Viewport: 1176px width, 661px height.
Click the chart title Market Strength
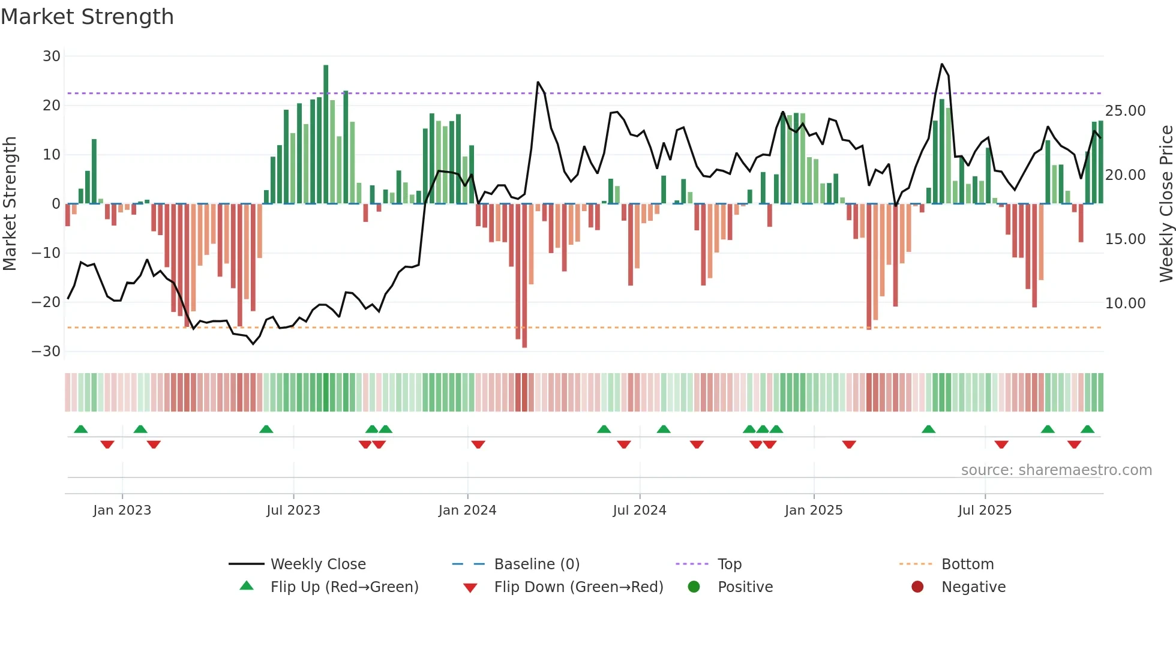(87, 17)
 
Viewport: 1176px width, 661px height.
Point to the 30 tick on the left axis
(52, 56)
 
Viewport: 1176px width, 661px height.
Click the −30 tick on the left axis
(46, 351)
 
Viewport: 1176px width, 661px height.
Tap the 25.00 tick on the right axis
(1125, 111)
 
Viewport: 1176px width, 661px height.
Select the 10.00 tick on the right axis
(1125, 304)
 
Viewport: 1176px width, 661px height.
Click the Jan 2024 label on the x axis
(467, 510)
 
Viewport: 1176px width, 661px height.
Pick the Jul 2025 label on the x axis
(985, 510)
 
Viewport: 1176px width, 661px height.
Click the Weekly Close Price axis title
(1166, 204)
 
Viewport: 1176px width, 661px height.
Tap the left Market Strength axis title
(10, 204)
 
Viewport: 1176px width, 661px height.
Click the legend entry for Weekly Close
(317, 564)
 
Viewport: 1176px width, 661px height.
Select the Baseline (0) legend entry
(536, 564)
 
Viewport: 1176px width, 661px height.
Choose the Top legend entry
(729, 564)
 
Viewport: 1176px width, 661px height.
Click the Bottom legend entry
(967, 564)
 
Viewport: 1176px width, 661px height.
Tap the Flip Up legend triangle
(247, 586)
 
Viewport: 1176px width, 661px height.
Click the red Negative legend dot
(917, 587)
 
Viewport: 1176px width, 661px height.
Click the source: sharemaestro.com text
(1056, 470)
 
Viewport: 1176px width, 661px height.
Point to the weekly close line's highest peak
(942, 64)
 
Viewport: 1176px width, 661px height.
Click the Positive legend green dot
(694, 587)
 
